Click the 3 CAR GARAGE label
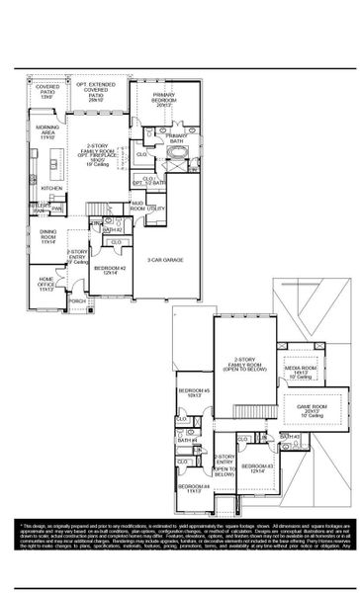(165, 260)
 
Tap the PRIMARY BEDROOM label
(164, 101)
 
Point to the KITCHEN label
(51, 188)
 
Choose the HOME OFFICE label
(45, 287)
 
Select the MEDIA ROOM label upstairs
(300, 372)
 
